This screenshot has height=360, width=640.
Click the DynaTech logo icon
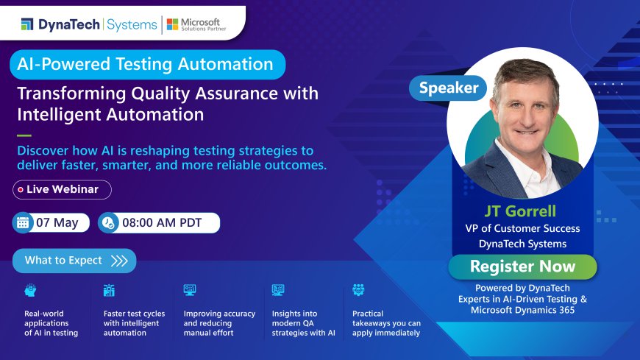[x=26, y=24]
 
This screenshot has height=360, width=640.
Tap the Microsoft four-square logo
[x=173, y=24]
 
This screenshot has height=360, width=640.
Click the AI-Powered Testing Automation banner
[x=146, y=64]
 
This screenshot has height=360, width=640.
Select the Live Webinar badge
[x=62, y=189]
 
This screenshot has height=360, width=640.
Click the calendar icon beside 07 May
[x=23, y=222]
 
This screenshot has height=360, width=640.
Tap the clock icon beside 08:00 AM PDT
[x=108, y=222]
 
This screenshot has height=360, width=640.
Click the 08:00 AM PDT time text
[x=168, y=222]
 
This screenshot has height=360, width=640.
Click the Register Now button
[x=522, y=266]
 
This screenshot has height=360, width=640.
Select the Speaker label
[x=448, y=88]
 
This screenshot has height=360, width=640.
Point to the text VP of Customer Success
[x=522, y=228]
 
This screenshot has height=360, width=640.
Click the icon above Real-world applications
[x=30, y=290]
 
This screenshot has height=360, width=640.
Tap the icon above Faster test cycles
[x=110, y=290]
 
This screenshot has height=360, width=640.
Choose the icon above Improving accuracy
[x=190, y=290]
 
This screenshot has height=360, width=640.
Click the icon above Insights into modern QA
[x=278, y=290]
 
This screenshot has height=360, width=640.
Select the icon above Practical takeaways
[x=358, y=290]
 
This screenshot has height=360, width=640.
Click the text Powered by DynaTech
[x=522, y=288]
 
